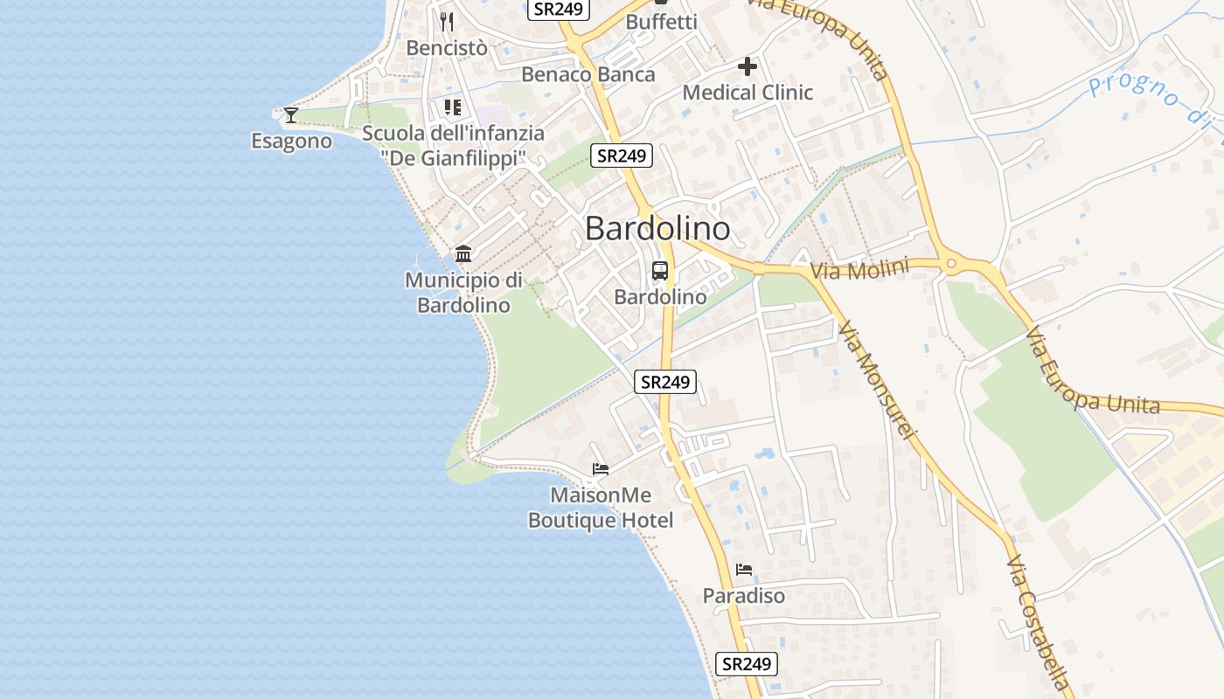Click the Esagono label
(291, 141)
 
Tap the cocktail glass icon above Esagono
(291, 114)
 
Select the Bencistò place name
(447, 48)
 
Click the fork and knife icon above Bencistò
(447, 21)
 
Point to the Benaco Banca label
(588, 74)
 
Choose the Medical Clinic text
(748, 92)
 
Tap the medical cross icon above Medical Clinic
(748, 66)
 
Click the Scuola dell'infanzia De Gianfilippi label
(453, 145)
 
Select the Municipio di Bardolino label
(463, 292)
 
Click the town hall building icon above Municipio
(463, 254)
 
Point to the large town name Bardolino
(657, 228)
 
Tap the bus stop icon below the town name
(660, 271)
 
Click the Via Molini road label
(860, 269)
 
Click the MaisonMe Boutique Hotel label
(601, 508)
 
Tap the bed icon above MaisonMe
(601, 469)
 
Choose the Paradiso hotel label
(744, 596)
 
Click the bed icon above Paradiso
(744, 570)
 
